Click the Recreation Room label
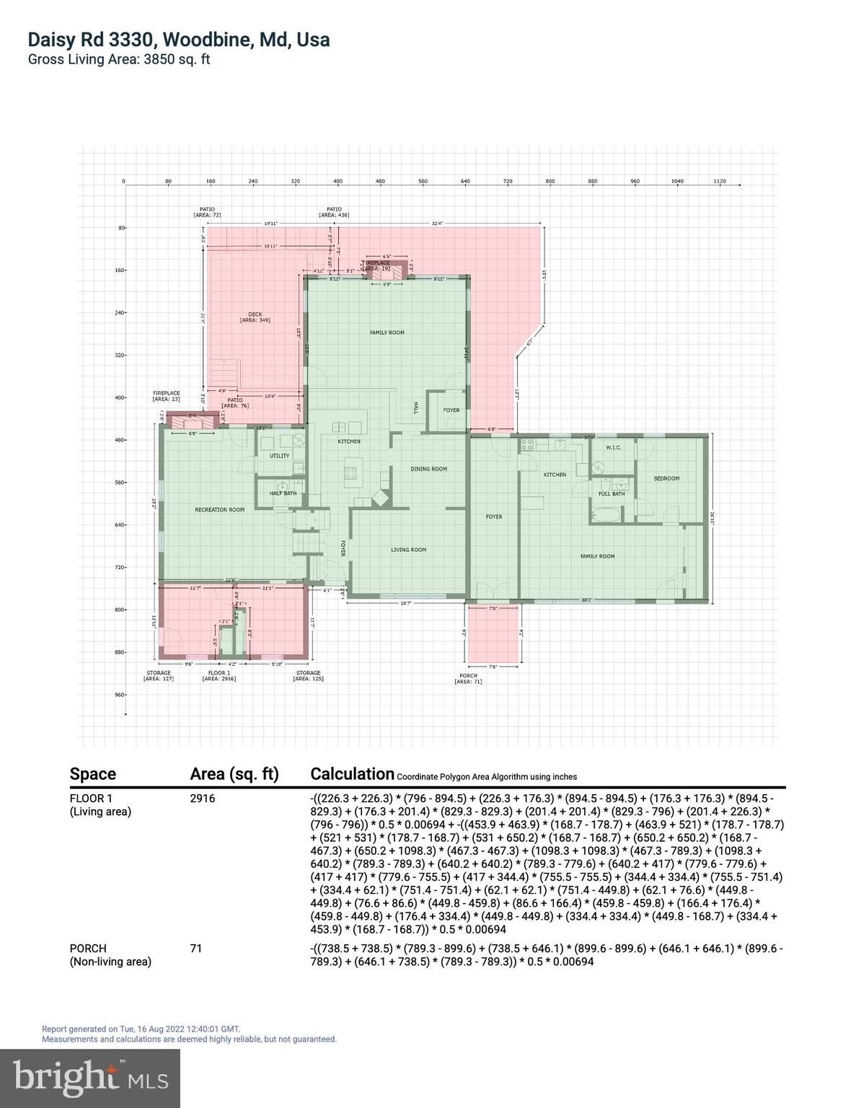point(219,510)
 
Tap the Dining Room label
point(429,469)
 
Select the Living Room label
point(408,550)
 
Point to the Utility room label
point(279,456)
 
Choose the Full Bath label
point(612,493)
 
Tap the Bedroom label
point(666,478)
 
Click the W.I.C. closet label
point(613,447)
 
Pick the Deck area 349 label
point(255,317)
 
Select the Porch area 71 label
point(468,679)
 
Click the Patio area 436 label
point(334,212)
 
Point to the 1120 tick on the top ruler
point(719,181)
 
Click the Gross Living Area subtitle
point(119,60)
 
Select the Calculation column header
point(352,774)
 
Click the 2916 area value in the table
point(202,799)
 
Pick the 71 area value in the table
point(195,949)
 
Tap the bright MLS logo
point(90,1078)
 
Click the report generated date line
point(141,1029)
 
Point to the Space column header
point(92,774)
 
